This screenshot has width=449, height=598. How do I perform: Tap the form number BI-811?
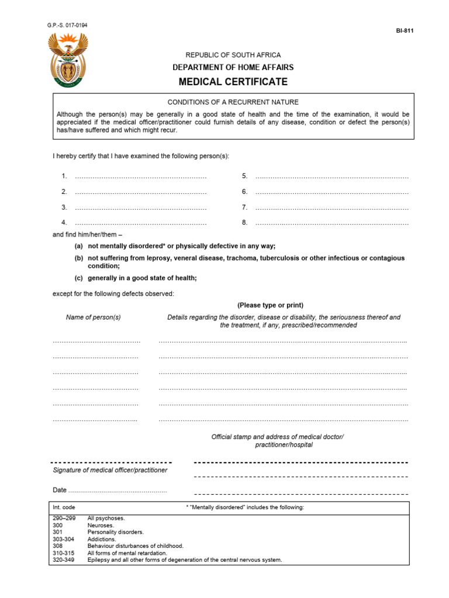pos(405,31)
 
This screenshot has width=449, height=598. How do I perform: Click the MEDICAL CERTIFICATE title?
pos(233,82)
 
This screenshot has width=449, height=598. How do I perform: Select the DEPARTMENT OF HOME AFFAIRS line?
pos(233,68)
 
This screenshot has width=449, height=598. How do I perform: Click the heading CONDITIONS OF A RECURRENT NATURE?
pos(233,102)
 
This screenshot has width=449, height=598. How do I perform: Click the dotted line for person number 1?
pos(140,176)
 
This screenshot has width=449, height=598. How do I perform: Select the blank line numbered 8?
pos(331,222)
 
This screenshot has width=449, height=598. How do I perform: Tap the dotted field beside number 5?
pos(331,176)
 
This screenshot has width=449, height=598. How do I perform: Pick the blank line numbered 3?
pos(140,207)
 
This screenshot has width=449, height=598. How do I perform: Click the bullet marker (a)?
pos(78,246)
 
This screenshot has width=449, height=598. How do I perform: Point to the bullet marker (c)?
pos(78,278)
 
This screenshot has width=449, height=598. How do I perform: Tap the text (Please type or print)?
pos(270,305)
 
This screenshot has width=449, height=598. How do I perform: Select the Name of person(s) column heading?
pos(94,317)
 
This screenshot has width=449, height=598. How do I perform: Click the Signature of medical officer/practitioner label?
pos(110,470)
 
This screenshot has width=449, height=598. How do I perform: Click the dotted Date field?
pos(117,491)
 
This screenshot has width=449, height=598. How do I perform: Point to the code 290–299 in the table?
pos(64,518)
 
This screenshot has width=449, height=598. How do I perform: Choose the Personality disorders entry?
pos(115,532)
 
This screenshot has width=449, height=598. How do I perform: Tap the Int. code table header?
pos(64,507)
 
